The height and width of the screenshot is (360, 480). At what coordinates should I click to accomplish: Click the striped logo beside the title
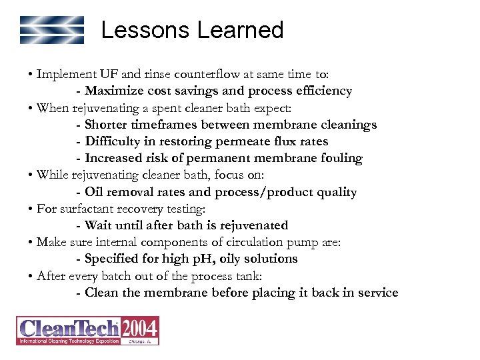(52, 30)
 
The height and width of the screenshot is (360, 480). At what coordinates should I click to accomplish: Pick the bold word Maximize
(113, 91)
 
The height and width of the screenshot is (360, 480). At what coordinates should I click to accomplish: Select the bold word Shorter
(109, 125)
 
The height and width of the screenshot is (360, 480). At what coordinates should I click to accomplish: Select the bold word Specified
(114, 259)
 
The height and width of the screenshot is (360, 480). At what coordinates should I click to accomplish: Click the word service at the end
(375, 293)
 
